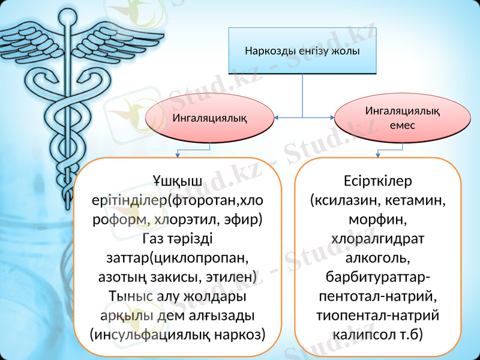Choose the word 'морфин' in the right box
point(378,219)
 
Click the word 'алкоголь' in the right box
point(378,258)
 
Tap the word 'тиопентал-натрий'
point(378,315)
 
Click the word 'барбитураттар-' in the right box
point(378,277)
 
